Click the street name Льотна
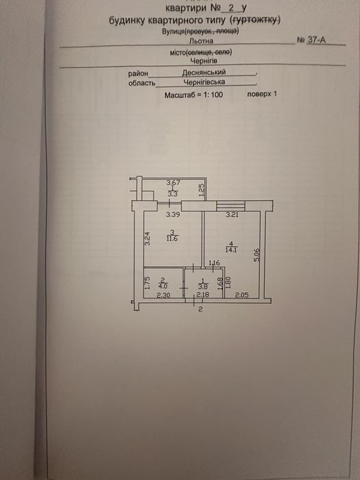201,40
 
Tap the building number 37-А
317,40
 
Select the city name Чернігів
204,60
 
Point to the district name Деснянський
204,72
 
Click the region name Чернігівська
204,82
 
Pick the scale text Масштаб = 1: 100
194,95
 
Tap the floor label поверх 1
262,94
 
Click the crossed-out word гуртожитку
256,21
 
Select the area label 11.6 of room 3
172,239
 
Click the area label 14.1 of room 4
232,250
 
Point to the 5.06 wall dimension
257,254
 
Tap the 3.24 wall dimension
147,239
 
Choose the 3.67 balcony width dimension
173,183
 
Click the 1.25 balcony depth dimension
201,190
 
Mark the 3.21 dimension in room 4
232,215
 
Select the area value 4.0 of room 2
163,287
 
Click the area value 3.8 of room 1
203,287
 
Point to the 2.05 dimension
241,296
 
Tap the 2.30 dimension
163,296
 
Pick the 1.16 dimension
214,263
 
